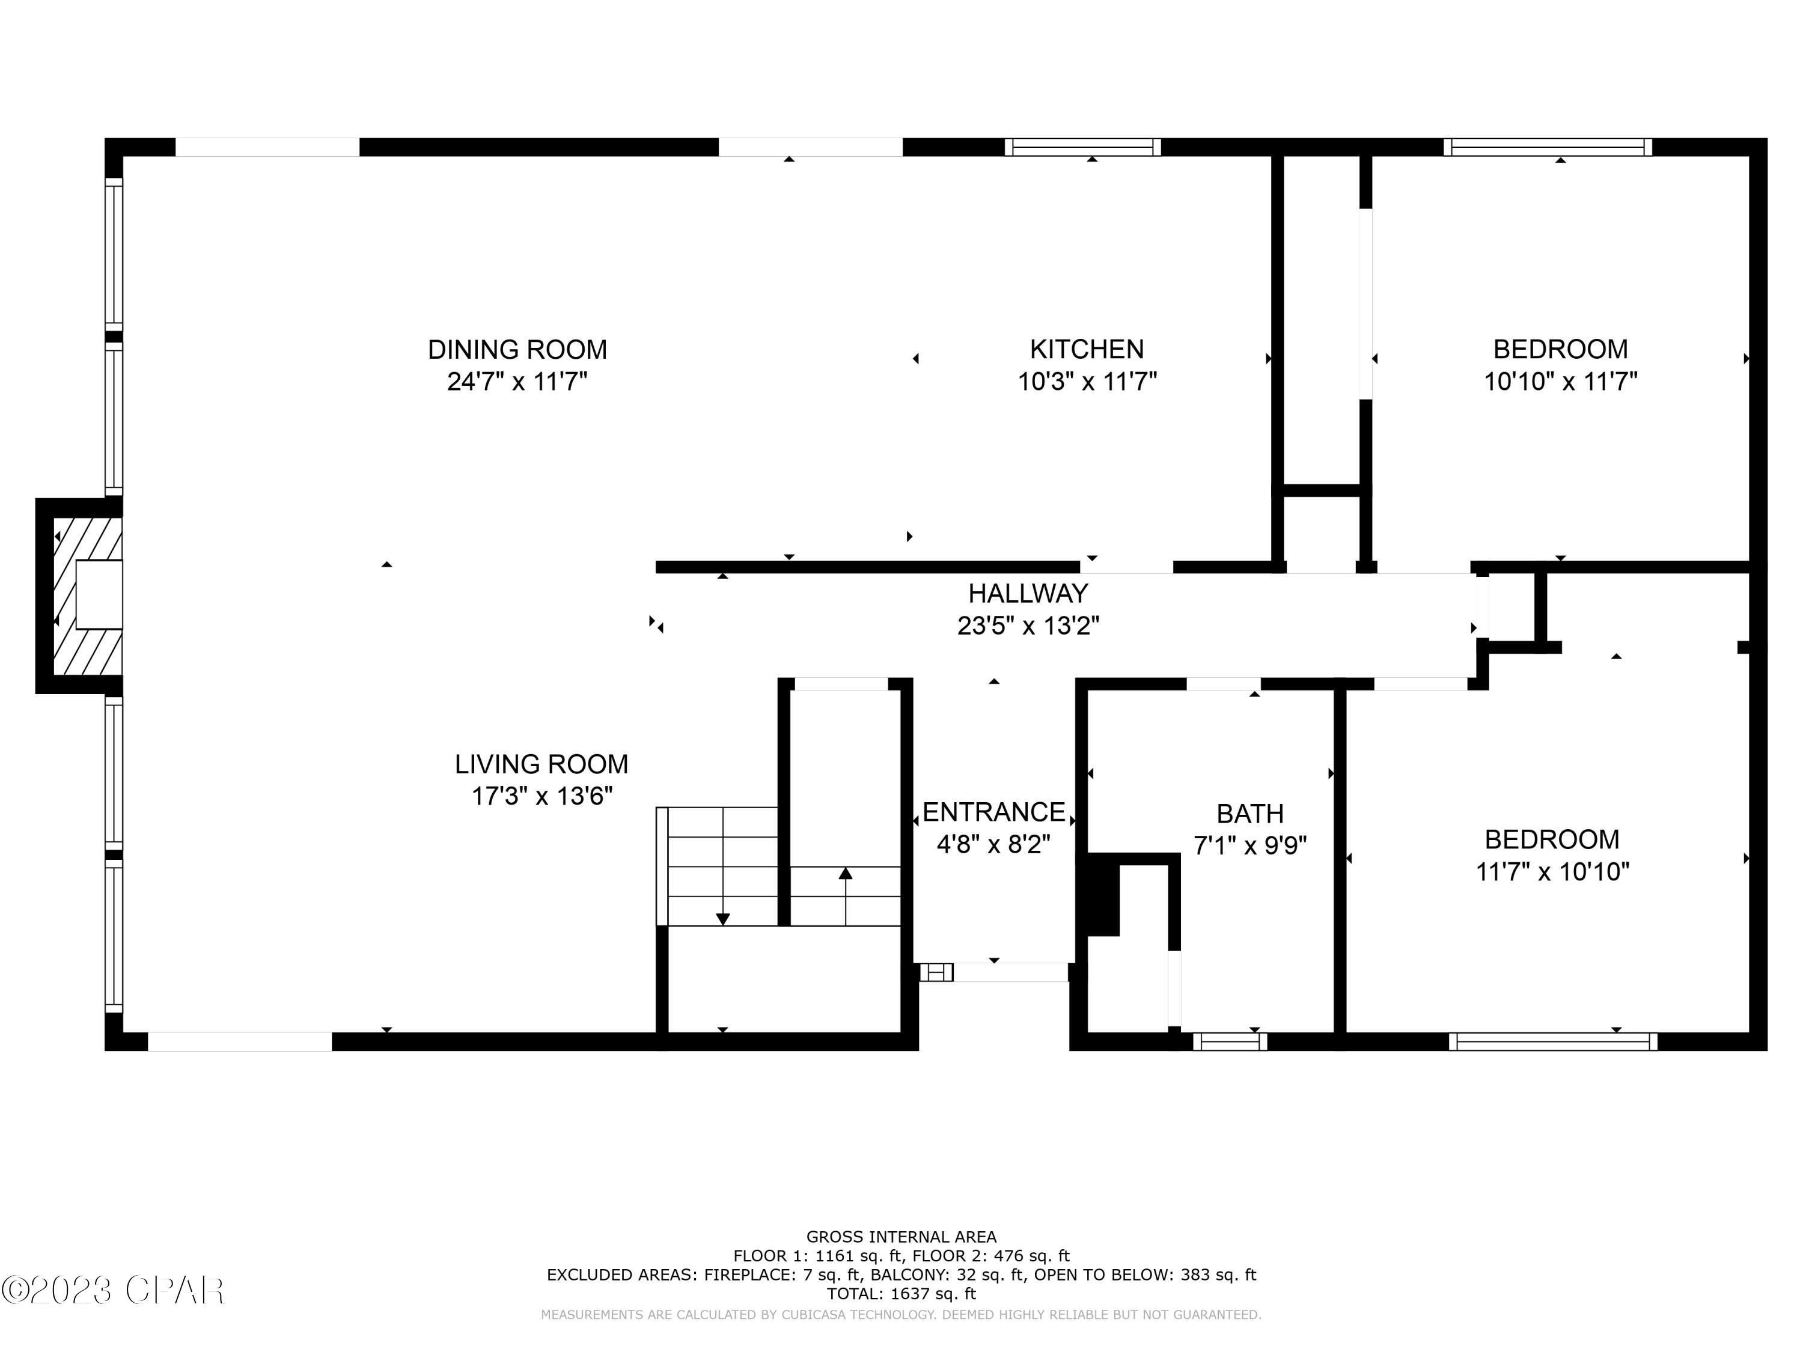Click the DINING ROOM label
click(517, 350)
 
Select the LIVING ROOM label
click(542, 764)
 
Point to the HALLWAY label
click(1028, 592)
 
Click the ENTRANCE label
click(993, 812)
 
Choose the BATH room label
click(1249, 814)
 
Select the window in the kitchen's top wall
click(1082, 147)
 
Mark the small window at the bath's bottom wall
click(1229, 1041)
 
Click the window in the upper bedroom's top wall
click(1547, 147)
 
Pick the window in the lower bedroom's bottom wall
click(1553, 1041)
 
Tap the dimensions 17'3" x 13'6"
click(542, 796)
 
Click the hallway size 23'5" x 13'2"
click(1028, 626)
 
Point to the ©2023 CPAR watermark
click(112, 1290)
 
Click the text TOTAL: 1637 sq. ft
click(901, 1293)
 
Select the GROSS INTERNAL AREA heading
click(901, 1237)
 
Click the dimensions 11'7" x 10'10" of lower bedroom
click(1552, 872)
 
